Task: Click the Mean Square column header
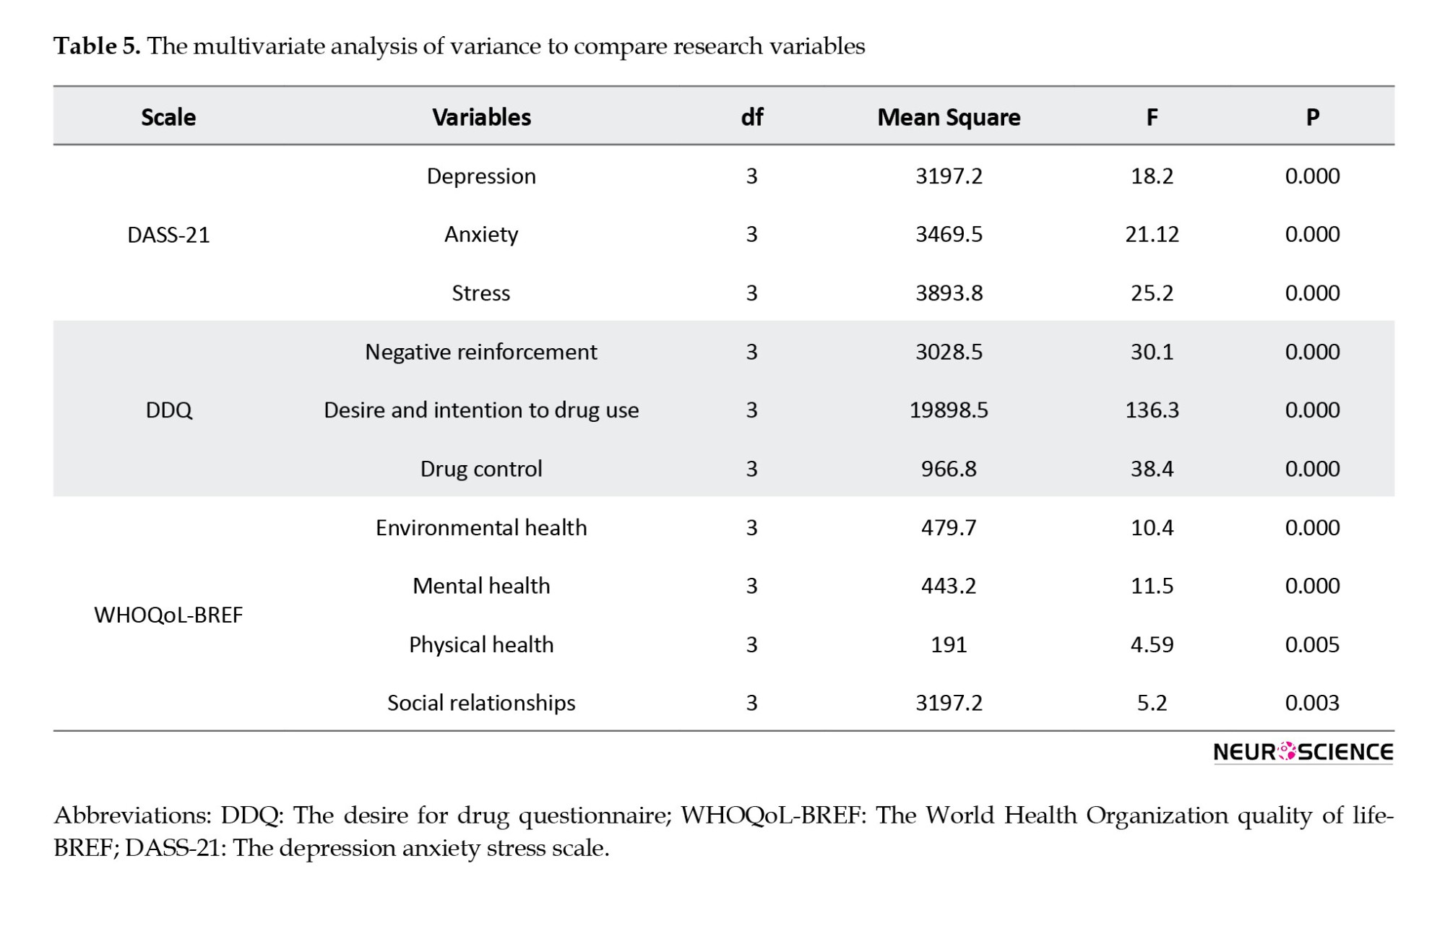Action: click(949, 117)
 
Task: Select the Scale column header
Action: click(168, 117)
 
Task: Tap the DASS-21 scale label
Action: click(168, 235)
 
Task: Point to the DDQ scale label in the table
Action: click(168, 410)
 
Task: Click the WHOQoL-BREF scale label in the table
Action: click(168, 615)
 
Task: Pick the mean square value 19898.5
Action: click(949, 410)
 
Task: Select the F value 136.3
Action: click(1152, 410)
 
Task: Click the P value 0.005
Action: click(1312, 644)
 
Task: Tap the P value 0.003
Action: click(1312, 703)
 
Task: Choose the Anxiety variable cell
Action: click(481, 235)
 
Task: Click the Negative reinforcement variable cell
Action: click(481, 352)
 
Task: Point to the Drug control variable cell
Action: click(481, 469)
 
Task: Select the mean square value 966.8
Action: click(949, 469)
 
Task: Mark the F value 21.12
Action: click(1152, 235)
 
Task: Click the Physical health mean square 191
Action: click(949, 644)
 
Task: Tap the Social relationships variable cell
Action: click(481, 703)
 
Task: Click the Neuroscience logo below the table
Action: click(1303, 752)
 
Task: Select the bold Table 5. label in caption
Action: click(97, 46)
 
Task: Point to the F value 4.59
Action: click(1152, 644)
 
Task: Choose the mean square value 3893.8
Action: click(949, 293)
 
